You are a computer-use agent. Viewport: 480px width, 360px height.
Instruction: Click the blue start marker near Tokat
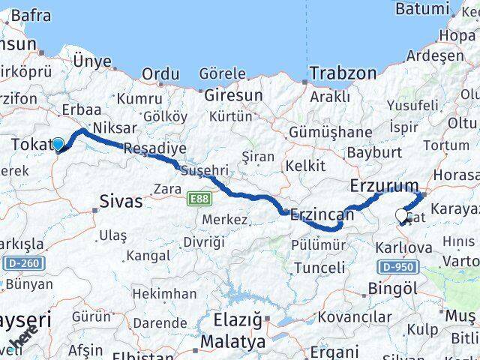58,142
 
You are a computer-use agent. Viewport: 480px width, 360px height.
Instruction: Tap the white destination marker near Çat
401,217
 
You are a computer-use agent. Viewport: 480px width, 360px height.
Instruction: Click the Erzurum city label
385,185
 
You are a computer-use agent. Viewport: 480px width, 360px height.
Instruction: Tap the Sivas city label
120,201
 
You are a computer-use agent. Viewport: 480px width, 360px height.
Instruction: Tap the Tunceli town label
319,268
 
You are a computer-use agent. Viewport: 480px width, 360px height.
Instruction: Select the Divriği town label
204,241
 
